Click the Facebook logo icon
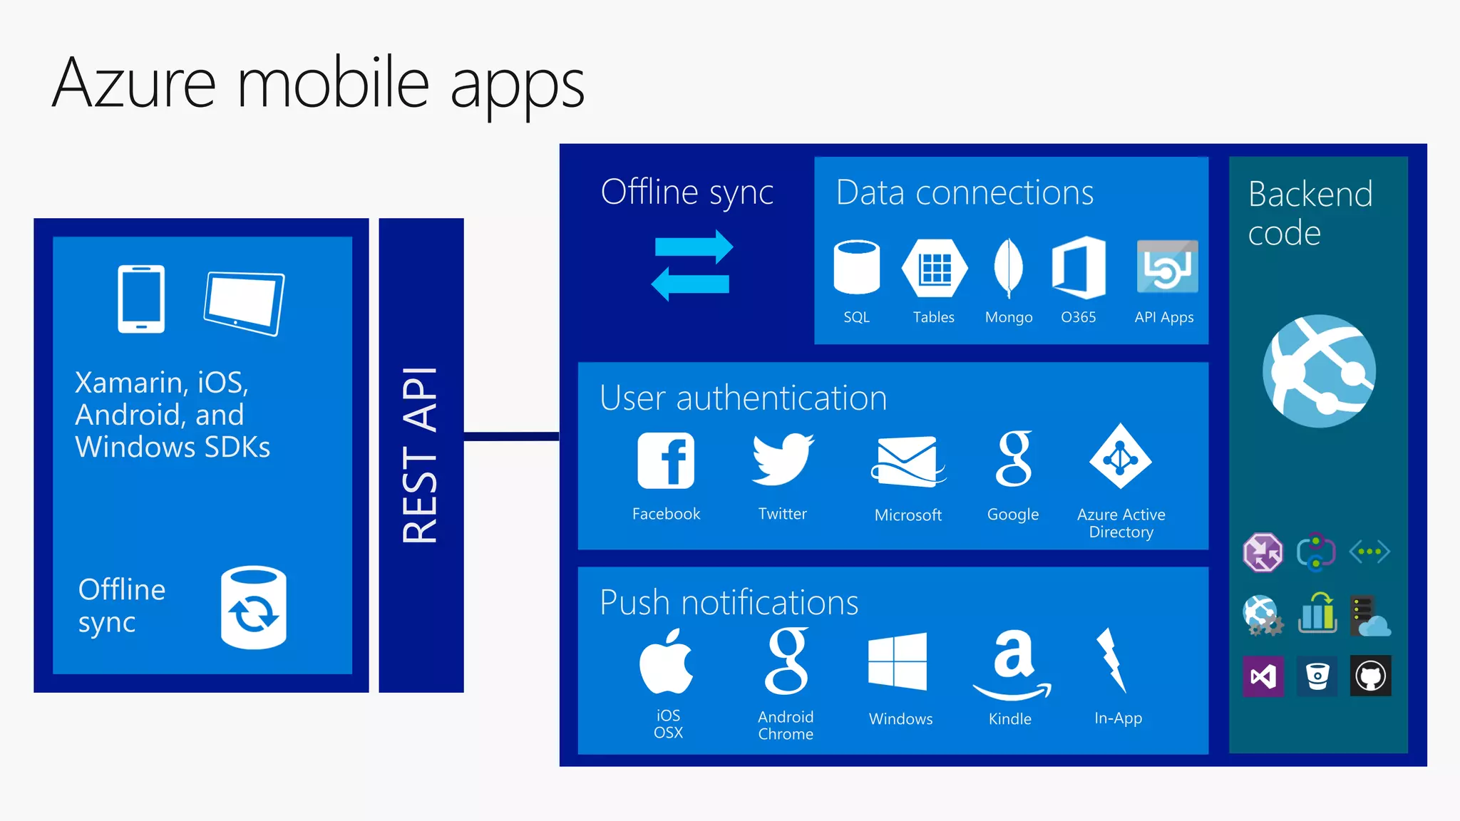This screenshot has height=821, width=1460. tap(666, 460)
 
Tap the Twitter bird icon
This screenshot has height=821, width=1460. tap(782, 460)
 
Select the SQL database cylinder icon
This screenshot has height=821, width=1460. tap(856, 267)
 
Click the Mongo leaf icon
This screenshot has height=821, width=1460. tap(1008, 268)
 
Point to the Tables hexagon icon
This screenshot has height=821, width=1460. tap(934, 268)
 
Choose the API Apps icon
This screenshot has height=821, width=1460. tap(1167, 267)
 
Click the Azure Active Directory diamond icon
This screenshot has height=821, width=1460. tap(1121, 457)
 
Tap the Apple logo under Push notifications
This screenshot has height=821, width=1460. tap(666, 661)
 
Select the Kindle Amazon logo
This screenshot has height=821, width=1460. tap(1012, 663)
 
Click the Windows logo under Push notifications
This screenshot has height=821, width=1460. tap(898, 661)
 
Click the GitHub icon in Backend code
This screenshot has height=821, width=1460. tap(1370, 676)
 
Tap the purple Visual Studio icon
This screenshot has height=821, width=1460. tap(1263, 676)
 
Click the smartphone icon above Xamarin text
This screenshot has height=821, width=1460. tap(141, 299)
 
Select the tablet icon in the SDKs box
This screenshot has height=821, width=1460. tap(244, 304)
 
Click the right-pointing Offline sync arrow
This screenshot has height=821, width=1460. tap(694, 247)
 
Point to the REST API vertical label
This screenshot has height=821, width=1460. tap(420, 455)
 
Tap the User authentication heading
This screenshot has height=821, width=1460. tap(743, 398)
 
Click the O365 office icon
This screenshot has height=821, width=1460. tap(1079, 267)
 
